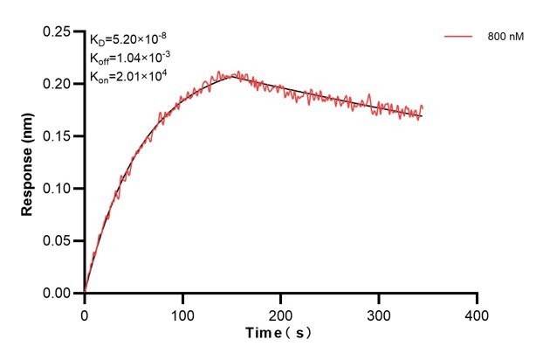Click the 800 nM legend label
point(505,38)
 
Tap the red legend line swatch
point(458,38)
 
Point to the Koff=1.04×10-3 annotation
point(126,58)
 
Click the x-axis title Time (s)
point(278,333)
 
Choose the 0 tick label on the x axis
point(85,312)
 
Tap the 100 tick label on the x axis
point(182,312)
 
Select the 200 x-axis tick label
point(281,312)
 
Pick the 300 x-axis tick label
point(379,312)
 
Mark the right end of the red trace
point(423,107)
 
